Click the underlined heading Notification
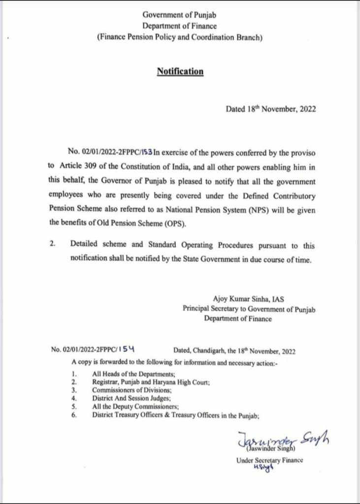(180, 71)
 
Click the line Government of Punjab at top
(180, 17)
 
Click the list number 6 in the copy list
(73, 415)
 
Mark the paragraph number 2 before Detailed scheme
(53, 244)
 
